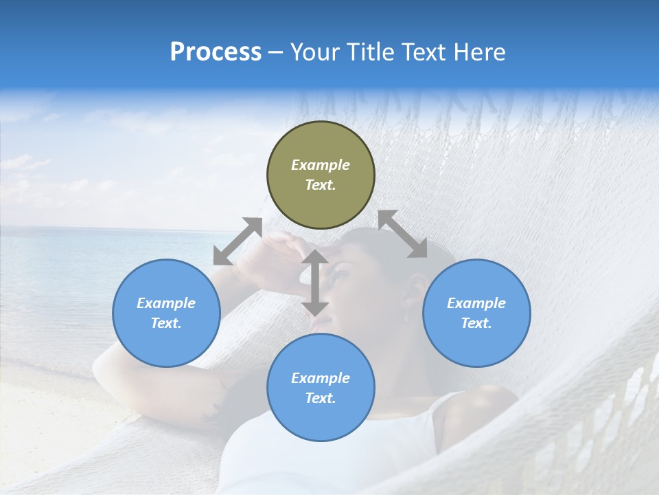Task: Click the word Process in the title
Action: coord(216,52)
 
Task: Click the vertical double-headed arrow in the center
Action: coord(315,283)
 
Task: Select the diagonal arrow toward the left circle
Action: coord(238,241)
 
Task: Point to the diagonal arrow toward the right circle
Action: coord(402,234)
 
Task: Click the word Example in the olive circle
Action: coord(321,165)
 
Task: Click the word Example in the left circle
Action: coord(166,303)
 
